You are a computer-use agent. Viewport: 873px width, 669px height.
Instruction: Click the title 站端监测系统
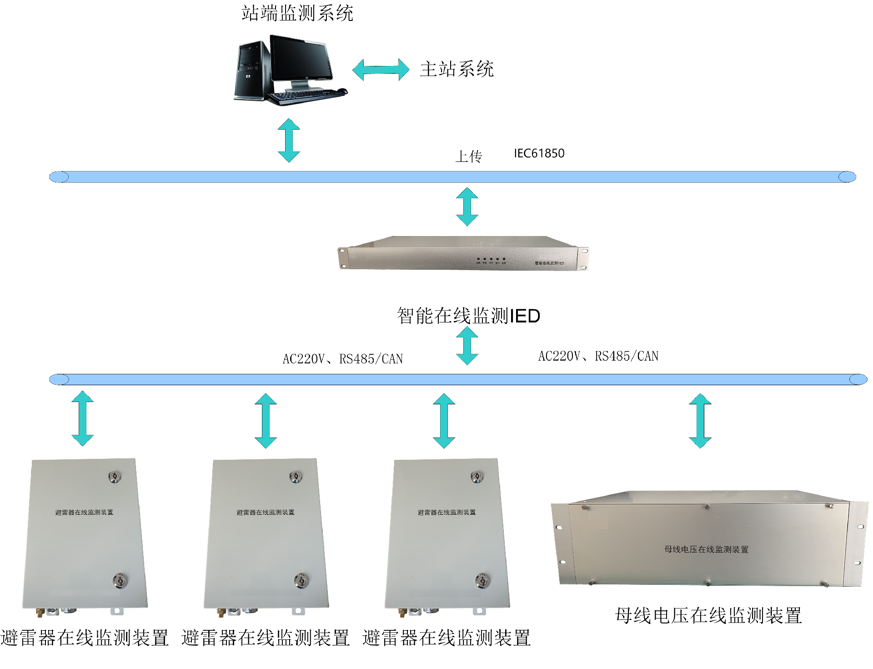[297, 13]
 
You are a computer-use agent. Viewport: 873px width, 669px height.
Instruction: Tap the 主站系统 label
[457, 69]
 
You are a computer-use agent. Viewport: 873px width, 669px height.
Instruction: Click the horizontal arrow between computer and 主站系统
[381, 70]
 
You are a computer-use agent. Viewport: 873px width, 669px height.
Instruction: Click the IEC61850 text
[539, 153]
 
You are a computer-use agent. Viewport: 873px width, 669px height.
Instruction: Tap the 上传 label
[468, 156]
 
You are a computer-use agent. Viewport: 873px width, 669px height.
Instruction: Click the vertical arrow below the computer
[289, 140]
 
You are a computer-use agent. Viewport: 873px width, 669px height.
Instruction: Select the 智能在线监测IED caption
[468, 316]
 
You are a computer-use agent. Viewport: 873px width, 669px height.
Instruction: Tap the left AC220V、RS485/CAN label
[342, 359]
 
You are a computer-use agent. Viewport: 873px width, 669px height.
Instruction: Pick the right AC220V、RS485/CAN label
[598, 356]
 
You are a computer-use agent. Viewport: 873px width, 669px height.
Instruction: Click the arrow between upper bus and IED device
[467, 206]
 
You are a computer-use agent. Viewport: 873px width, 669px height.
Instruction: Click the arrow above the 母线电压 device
[700, 421]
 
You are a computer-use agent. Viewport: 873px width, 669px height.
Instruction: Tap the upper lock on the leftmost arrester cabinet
[115, 477]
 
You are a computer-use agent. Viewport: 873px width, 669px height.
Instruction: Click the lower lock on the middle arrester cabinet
[301, 580]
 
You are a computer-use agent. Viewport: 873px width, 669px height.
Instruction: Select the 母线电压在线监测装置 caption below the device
[708, 615]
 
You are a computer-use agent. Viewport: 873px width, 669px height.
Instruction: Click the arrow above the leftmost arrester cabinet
[83, 418]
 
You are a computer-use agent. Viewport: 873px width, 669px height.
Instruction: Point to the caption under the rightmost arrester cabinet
[446, 638]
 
